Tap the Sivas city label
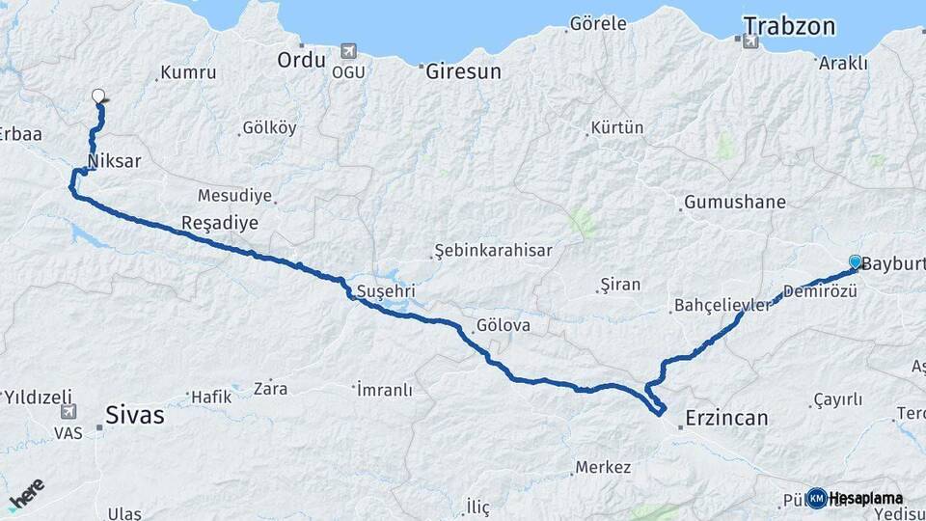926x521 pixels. click(135, 417)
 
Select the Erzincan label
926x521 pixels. click(726, 418)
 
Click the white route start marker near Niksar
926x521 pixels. click(98, 96)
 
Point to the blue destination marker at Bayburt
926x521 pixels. click(856, 261)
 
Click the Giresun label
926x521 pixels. click(464, 70)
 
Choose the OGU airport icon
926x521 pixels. click(347, 51)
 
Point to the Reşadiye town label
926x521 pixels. click(220, 224)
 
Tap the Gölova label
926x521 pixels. click(503, 325)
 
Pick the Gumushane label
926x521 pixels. click(734, 203)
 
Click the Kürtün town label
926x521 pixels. click(617, 127)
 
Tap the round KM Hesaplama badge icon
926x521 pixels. click(817, 498)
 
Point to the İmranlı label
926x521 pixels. click(385, 390)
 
